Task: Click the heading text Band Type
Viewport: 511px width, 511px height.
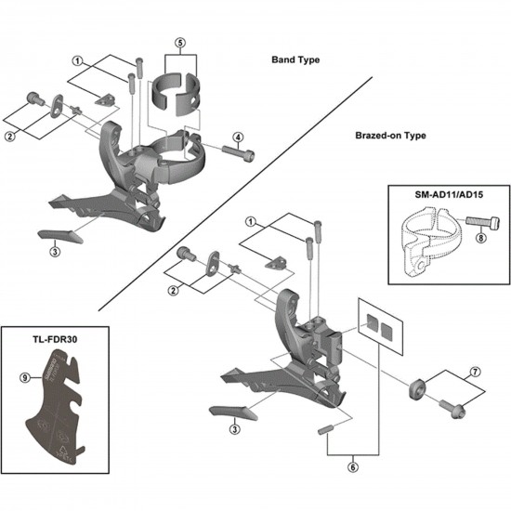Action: [x=295, y=59]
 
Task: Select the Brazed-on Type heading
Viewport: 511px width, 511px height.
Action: [x=390, y=135]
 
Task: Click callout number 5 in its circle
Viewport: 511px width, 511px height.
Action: [x=180, y=43]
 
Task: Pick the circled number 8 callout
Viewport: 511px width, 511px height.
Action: [x=480, y=237]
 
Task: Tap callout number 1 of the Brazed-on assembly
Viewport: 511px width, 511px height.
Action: [x=250, y=221]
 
